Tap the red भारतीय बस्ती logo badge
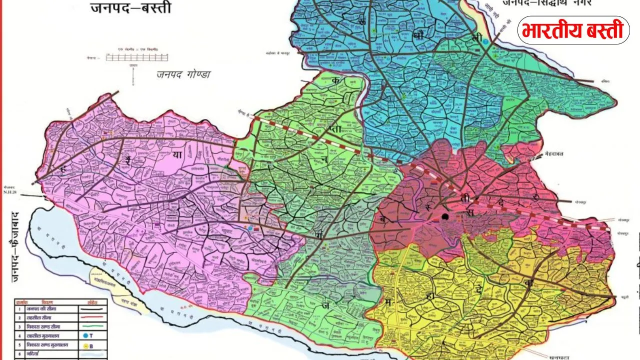(x=573, y=30)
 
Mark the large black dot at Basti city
(x=445, y=216)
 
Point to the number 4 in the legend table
(x=18, y=335)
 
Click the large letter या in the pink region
(x=177, y=155)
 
